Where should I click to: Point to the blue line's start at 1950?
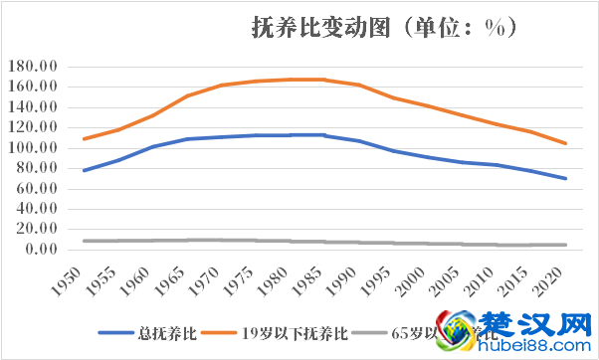(x=85, y=170)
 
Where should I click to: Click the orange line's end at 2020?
(x=565, y=143)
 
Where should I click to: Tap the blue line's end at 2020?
(x=565, y=179)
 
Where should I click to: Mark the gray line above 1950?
(x=85, y=241)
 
